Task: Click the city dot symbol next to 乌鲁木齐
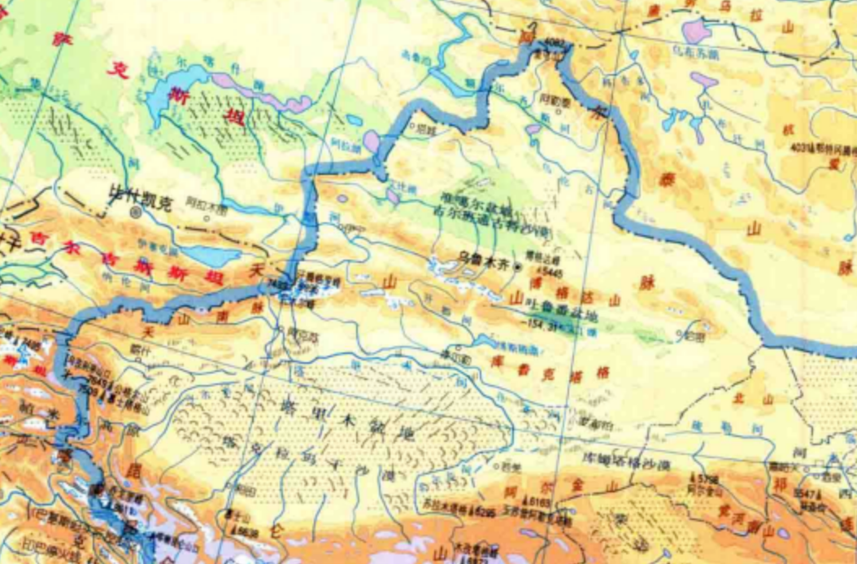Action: pyautogui.click(x=517, y=266)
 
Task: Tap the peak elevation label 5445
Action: pyautogui.click(x=555, y=272)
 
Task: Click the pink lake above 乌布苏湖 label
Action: pyautogui.click(x=695, y=31)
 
